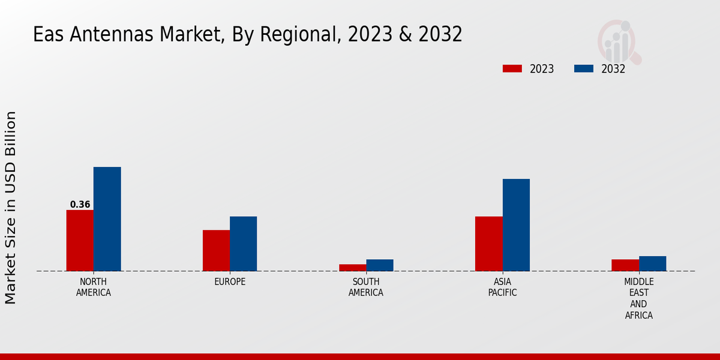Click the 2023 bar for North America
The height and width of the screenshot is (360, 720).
click(80, 241)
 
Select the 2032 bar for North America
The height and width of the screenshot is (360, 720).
click(107, 219)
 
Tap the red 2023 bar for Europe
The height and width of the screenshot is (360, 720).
click(216, 251)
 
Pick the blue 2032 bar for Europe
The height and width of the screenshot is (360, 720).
click(244, 244)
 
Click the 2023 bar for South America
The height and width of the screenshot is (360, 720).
click(353, 268)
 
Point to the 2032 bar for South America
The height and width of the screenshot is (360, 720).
click(380, 265)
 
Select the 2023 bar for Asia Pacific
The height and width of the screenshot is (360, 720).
click(489, 244)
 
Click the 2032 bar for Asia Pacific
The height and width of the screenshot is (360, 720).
click(516, 225)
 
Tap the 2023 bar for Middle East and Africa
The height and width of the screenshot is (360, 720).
click(625, 265)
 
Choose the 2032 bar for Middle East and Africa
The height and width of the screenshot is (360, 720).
click(653, 263)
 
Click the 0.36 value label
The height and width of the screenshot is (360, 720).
click(80, 205)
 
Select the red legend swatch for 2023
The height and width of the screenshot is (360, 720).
click(512, 68)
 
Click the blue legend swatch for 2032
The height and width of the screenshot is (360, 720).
click(584, 68)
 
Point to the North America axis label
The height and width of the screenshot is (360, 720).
click(94, 287)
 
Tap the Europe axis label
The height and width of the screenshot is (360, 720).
click(230, 282)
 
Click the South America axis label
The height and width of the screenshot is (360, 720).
click(366, 287)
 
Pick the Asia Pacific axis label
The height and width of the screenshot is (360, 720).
click(502, 287)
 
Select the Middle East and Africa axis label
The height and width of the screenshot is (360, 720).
click(639, 298)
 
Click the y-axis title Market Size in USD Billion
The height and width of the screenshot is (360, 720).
click(11, 207)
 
